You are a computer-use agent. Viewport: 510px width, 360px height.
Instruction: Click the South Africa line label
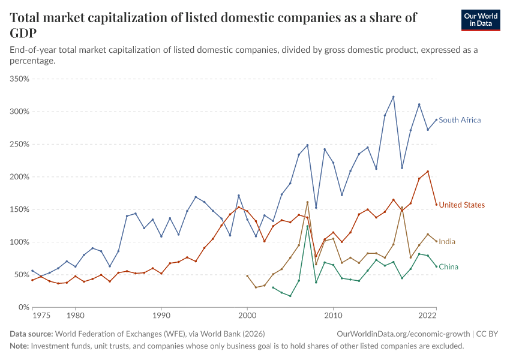pyautogui.click(x=460, y=120)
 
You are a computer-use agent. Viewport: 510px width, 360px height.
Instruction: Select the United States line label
pyautogui.click(x=461, y=205)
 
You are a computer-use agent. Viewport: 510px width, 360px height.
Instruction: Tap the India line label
pyautogui.click(x=447, y=242)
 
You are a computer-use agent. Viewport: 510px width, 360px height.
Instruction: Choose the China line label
pyautogui.click(x=448, y=266)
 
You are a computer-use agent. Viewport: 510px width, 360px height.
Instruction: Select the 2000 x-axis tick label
pyautogui.click(x=247, y=314)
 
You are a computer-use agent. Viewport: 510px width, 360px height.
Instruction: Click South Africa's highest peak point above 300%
pyautogui.click(x=393, y=97)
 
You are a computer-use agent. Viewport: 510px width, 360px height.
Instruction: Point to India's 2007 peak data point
pyautogui.click(x=307, y=202)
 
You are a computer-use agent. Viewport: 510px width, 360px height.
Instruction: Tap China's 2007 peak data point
pyautogui.click(x=307, y=226)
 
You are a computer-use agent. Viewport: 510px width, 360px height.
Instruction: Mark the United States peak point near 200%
pyautogui.click(x=428, y=172)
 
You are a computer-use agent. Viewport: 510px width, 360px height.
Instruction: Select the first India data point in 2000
pyautogui.click(x=247, y=276)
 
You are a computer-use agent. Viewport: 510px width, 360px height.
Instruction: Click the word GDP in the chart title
pyautogui.click(x=22, y=32)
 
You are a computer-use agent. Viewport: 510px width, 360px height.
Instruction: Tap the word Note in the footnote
pyautogui.click(x=19, y=346)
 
